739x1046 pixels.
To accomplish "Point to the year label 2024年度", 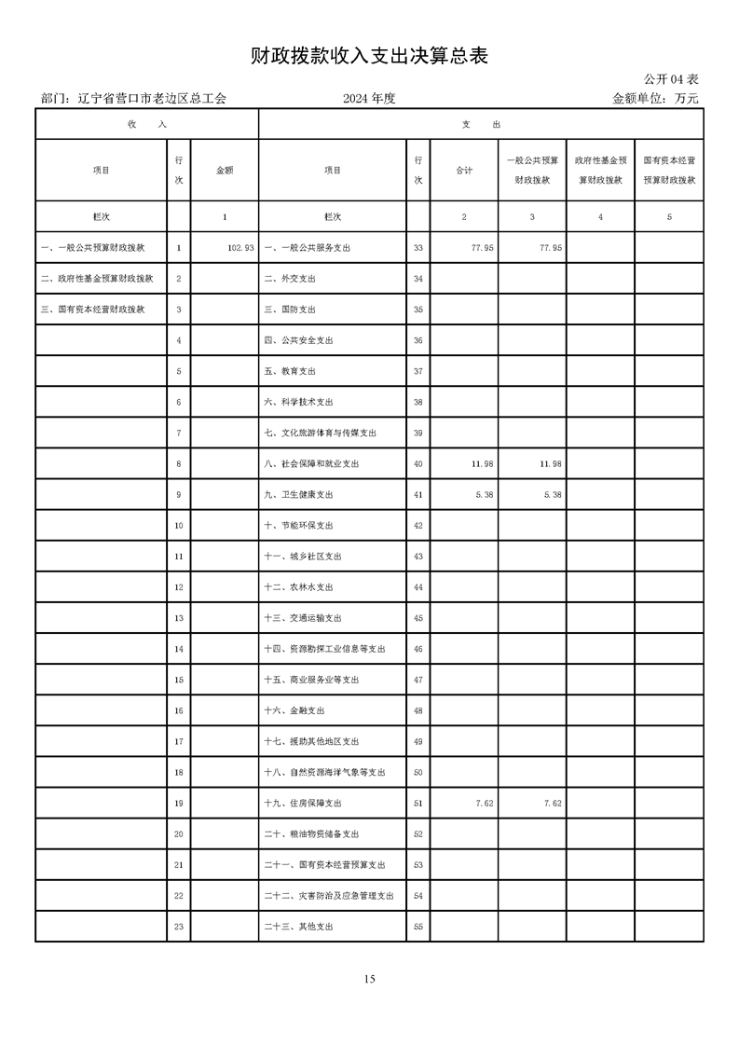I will tap(369, 98).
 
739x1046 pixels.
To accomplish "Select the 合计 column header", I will tap(464, 171).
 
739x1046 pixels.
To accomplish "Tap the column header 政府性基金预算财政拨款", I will tap(600, 171).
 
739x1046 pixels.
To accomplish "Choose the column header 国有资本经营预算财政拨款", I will tap(669, 171).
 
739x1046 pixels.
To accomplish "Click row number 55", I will tap(417, 927).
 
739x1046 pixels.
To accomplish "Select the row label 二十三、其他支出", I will tap(298, 927).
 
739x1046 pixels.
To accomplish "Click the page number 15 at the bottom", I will tap(369, 978).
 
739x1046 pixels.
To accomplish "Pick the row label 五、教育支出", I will tap(291, 371).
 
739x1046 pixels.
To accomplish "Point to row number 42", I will tap(417, 526).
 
